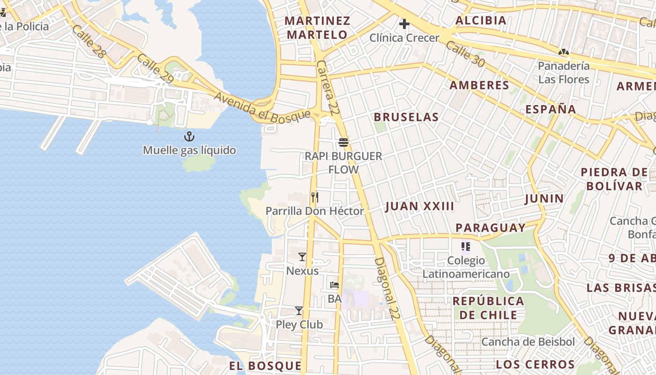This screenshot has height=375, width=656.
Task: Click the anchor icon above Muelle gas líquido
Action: [189, 136]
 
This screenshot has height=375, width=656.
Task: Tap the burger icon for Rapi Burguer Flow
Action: [343, 142]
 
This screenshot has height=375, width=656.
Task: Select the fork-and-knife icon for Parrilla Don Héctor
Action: [315, 197]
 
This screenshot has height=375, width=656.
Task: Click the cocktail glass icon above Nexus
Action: [302, 257]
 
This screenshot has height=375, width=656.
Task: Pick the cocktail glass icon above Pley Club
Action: [299, 311]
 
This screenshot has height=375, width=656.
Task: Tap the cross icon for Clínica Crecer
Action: [404, 24]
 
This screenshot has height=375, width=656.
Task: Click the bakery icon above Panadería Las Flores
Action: [563, 52]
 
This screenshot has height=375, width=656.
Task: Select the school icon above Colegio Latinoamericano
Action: [465, 247]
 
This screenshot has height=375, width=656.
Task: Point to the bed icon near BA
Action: [334, 285]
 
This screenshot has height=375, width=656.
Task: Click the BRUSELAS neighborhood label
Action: [406, 117]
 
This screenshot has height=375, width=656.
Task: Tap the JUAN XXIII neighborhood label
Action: [420, 206]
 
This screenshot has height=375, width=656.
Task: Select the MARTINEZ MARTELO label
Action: [317, 28]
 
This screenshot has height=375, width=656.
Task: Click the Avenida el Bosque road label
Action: [262, 106]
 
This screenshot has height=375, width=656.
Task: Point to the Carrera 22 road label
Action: [328, 88]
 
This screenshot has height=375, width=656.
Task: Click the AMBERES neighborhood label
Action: [479, 85]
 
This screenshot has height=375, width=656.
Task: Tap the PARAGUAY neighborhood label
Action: [491, 228]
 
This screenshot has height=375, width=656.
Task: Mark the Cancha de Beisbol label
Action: [528, 342]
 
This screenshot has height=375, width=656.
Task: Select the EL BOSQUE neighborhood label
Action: [265, 366]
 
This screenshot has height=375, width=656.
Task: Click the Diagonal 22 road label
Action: [387, 288]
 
